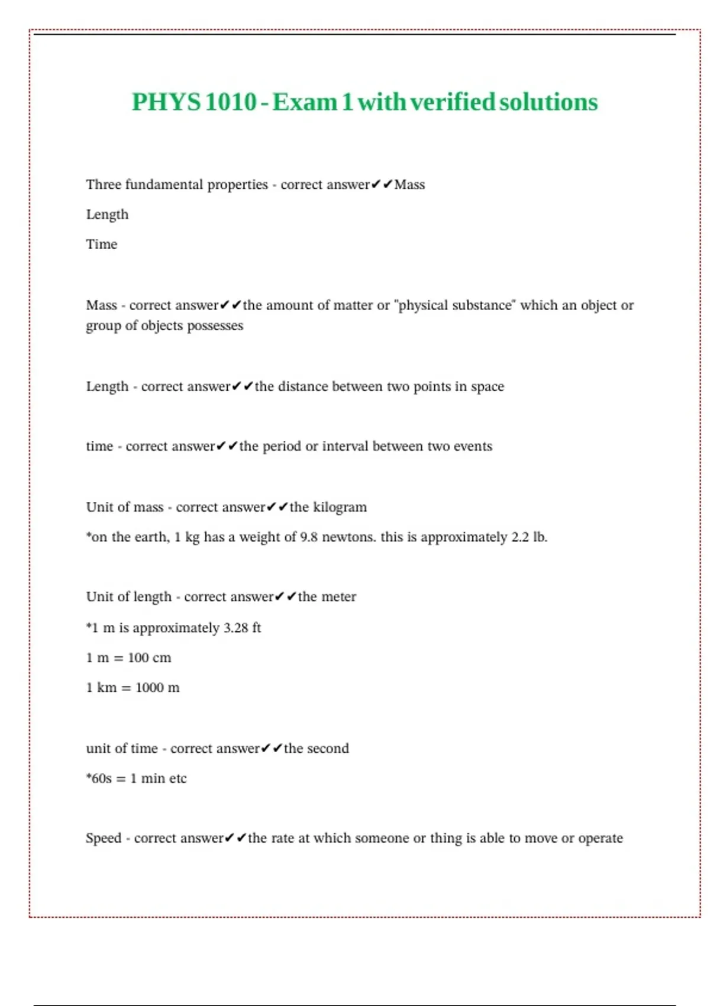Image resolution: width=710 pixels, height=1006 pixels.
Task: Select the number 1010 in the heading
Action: point(231,102)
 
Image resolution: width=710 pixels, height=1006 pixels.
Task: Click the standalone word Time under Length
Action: point(102,244)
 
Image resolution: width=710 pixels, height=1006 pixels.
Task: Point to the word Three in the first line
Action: point(104,185)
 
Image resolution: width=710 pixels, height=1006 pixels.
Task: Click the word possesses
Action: point(215,326)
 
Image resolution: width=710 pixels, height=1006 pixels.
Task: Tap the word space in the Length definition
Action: point(488,387)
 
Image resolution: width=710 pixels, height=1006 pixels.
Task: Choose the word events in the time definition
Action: point(473,446)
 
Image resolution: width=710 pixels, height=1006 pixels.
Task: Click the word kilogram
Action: point(340,507)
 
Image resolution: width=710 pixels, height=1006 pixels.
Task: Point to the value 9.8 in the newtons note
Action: point(309,537)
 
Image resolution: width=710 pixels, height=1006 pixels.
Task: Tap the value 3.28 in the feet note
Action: point(236,628)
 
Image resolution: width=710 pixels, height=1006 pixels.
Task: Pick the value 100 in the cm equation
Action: point(138,658)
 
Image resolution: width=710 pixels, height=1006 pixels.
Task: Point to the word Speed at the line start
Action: point(104,839)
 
